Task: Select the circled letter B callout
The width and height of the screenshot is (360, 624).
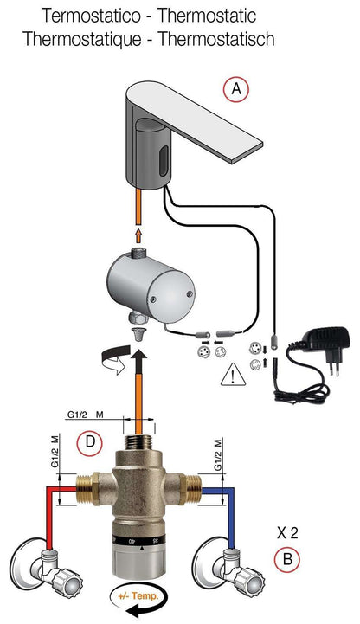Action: (x=288, y=558)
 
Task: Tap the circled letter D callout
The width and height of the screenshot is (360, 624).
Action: (x=88, y=444)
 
